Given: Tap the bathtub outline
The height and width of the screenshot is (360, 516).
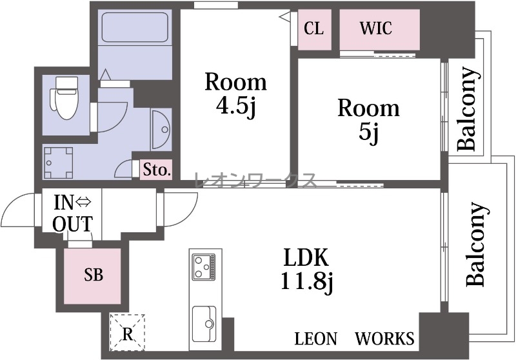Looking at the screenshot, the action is coord(135,27).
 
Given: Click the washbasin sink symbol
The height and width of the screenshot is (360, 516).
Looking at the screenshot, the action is coord(161,130).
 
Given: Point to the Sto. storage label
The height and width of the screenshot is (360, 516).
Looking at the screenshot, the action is coord(157,170).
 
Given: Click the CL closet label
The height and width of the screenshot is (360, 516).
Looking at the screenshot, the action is coord(313,28).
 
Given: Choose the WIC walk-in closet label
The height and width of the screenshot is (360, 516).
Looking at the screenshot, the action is coord(376,28).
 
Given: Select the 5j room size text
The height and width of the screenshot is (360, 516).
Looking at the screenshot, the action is coord(369,134).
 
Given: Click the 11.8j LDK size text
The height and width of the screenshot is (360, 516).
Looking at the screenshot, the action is coord(307,283).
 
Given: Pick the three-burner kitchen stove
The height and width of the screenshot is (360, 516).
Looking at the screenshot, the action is coord(204,267).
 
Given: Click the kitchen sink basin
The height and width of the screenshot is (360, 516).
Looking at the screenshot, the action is coord(204,324).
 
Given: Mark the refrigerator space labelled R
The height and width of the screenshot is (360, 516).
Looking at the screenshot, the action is coord(128,332).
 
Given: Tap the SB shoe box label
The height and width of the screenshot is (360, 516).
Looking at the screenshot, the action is coord(94,275).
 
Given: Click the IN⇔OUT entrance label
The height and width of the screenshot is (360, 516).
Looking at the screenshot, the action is coord(73,214).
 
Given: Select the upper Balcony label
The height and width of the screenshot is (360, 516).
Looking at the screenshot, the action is coord(467,108).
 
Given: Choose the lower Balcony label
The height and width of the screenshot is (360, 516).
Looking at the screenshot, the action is coord(476,244).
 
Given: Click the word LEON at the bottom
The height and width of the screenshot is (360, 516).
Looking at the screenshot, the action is coord(316,339).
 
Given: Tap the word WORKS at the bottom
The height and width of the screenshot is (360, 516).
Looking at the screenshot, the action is coord(384,339).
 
